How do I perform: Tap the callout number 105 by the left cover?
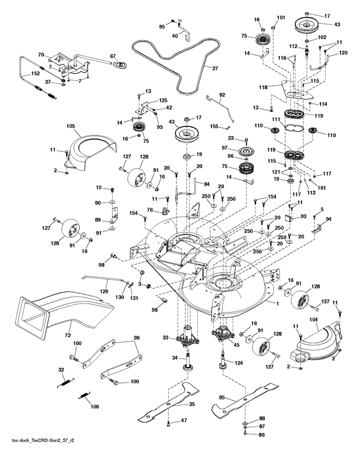click(x=71, y=126)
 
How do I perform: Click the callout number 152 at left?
click(x=19, y=74)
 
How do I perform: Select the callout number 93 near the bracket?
click(x=303, y=217)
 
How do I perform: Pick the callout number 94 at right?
click(x=329, y=218)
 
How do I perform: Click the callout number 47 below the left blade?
click(x=184, y=420)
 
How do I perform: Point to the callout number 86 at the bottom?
click(x=262, y=435)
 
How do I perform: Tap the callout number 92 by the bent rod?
click(x=222, y=94)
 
